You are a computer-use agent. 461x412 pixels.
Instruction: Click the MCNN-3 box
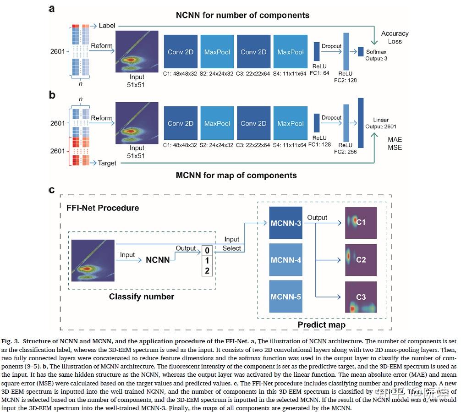[x=286, y=223]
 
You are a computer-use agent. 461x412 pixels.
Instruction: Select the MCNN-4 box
[x=286, y=260]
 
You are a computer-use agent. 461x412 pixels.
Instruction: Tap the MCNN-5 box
[x=286, y=297]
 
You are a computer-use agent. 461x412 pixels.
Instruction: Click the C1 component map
[x=361, y=223]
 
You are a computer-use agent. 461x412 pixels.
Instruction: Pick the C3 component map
[x=361, y=297]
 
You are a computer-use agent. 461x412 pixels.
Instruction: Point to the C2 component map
[x=361, y=260]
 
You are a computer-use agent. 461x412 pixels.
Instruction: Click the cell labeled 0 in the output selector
[x=208, y=251]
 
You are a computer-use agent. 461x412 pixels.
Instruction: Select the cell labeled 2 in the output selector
[x=208, y=271]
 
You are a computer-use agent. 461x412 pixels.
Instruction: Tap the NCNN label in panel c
[x=158, y=260]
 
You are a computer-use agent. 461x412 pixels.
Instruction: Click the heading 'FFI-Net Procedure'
[x=103, y=208]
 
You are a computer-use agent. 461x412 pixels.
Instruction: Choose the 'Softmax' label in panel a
[x=376, y=52]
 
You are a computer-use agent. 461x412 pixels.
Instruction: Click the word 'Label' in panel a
[x=107, y=26]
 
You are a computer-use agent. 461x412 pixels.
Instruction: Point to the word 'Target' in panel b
[x=107, y=163]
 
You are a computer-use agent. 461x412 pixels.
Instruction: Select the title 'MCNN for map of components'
[x=237, y=175]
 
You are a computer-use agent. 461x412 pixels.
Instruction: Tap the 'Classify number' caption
[x=142, y=297]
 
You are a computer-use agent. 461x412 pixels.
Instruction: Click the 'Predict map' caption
[x=321, y=324]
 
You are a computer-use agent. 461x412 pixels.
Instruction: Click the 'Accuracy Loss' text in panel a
[x=395, y=37]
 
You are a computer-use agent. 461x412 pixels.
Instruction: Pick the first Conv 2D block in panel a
[x=181, y=52]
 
